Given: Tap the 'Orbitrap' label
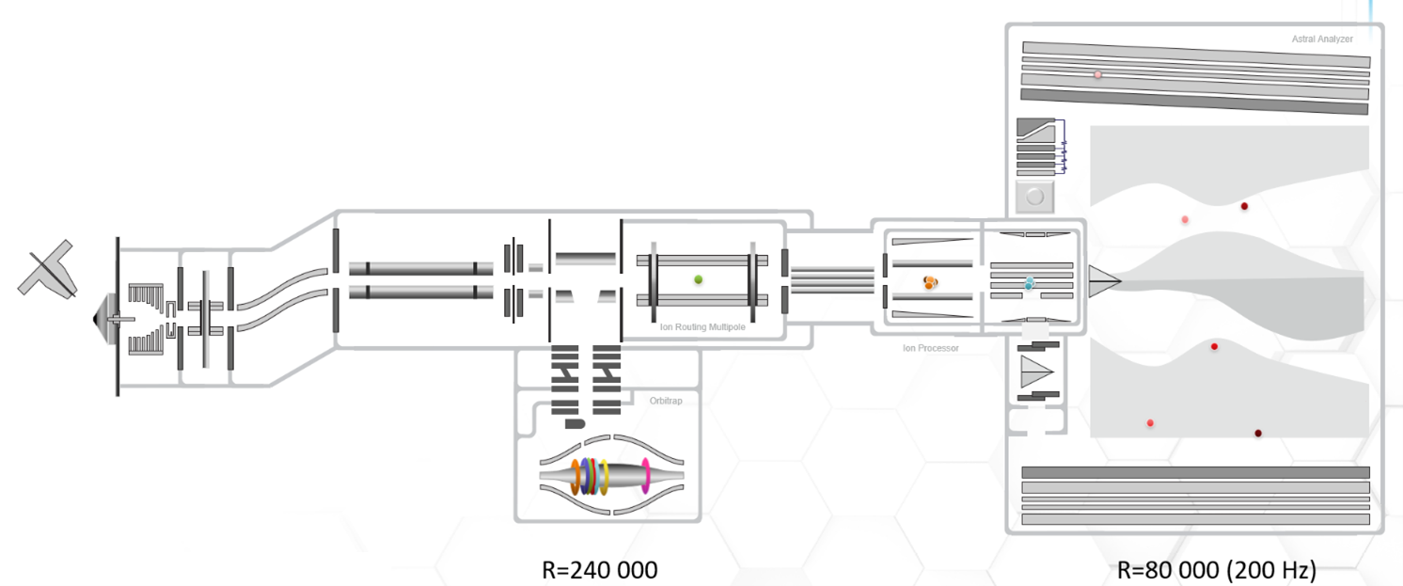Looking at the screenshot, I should (x=666, y=401).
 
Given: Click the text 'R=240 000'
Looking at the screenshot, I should (x=599, y=569).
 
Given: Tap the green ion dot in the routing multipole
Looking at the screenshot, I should (x=698, y=279).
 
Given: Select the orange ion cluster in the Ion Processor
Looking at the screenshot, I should (x=930, y=281).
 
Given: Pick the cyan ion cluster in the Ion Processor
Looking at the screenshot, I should (x=1030, y=282).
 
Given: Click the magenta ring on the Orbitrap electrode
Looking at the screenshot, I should (x=646, y=475).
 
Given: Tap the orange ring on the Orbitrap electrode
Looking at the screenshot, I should (x=575, y=476).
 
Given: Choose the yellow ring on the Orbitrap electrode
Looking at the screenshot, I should (x=605, y=476).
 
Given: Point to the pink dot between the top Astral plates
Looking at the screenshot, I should (x=1097, y=74).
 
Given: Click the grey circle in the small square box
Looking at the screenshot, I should (x=1035, y=198).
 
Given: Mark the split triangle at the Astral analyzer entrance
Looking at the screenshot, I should (x=1103, y=281).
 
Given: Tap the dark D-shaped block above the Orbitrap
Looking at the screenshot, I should (x=575, y=424).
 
